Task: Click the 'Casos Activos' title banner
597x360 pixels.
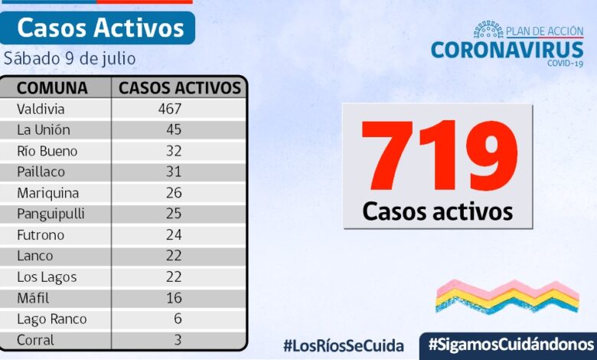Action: tap(99, 28)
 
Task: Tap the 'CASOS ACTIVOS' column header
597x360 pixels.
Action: tap(180, 87)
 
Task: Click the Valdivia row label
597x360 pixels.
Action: tap(41, 109)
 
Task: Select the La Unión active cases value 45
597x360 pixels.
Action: tap(174, 129)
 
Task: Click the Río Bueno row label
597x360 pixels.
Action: tap(47, 151)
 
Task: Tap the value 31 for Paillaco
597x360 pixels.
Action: tap(174, 172)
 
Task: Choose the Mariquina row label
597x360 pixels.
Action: tap(48, 193)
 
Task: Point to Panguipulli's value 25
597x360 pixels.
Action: tap(174, 214)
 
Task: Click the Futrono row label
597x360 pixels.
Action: tap(41, 235)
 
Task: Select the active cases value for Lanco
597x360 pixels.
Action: tap(174, 256)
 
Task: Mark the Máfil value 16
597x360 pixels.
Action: tap(174, 298)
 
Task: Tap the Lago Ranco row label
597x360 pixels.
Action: tap(52, 319)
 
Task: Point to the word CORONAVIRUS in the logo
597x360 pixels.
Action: tap(507, 50)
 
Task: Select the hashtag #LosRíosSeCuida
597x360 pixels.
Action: tap(343, 345)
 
